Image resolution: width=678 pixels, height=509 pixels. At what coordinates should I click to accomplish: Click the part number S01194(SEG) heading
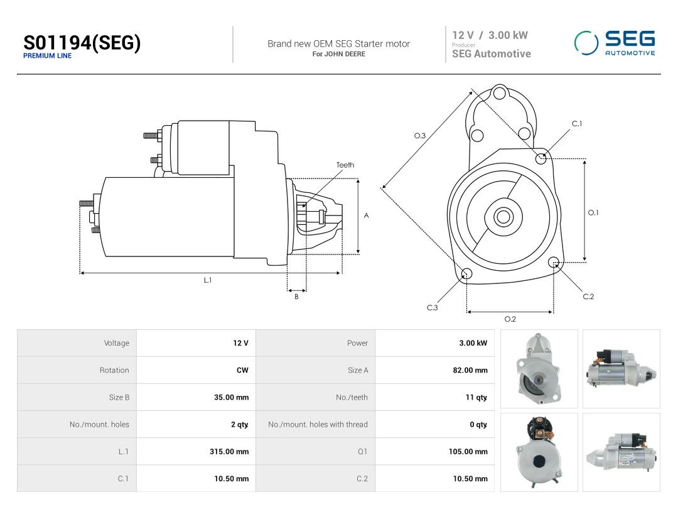(x=82, y=43)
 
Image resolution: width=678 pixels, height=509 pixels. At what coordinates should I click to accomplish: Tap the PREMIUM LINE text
(x=48, y=56)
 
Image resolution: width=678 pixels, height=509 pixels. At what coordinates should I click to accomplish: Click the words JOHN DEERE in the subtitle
(x=345, y=54)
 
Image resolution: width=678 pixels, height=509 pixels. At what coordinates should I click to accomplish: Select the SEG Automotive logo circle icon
(x=586, y=43)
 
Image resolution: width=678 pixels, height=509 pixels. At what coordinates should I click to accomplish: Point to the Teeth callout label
(x=345, y=165)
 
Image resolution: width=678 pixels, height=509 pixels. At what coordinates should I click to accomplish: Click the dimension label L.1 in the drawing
(x=208, y=280)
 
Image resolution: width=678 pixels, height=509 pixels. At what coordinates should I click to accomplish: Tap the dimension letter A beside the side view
(x=366, y=216)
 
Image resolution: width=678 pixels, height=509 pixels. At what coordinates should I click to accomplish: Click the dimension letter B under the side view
(x=296, y=297)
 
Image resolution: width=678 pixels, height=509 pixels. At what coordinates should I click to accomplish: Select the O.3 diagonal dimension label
(x=420, y=136)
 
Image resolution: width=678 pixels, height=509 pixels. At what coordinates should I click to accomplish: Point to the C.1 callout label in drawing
(x=577, y=124)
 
